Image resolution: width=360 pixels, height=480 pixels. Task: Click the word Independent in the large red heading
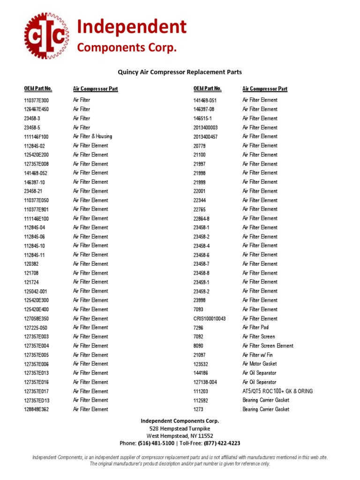coord(132,27)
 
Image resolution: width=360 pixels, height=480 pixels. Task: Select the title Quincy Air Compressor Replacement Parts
coord(180,72)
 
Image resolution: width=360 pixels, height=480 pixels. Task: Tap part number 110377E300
coord(36,100)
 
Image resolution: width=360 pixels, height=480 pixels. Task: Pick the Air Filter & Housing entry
coord(92,136)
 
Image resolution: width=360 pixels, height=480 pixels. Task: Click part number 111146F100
coord(36,137)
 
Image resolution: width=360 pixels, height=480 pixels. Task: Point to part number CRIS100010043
coord(210,319)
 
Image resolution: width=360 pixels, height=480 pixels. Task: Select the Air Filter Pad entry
coord(255,328)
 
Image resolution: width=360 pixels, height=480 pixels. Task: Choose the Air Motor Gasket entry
coord(259,364)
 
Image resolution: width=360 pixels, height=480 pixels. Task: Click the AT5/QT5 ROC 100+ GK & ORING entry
coord(277,391)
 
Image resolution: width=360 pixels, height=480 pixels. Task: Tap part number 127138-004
coord(205,382)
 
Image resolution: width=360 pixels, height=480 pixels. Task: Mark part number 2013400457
coord(206,137)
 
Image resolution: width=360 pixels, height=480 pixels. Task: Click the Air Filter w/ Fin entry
coord(257,355)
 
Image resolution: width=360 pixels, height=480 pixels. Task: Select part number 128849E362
coord(36,410)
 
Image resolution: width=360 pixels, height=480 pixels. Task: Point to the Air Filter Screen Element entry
coord(268,346)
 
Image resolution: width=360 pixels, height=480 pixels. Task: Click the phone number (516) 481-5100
coord(157,443)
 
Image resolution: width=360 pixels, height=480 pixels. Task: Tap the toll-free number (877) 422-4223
coord(221,443)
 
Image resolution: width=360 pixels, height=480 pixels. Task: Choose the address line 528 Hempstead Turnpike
coord(180,428)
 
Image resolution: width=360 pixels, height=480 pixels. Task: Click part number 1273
coord(198,410)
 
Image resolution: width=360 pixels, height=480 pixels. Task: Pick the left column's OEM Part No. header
coord(38,89)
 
